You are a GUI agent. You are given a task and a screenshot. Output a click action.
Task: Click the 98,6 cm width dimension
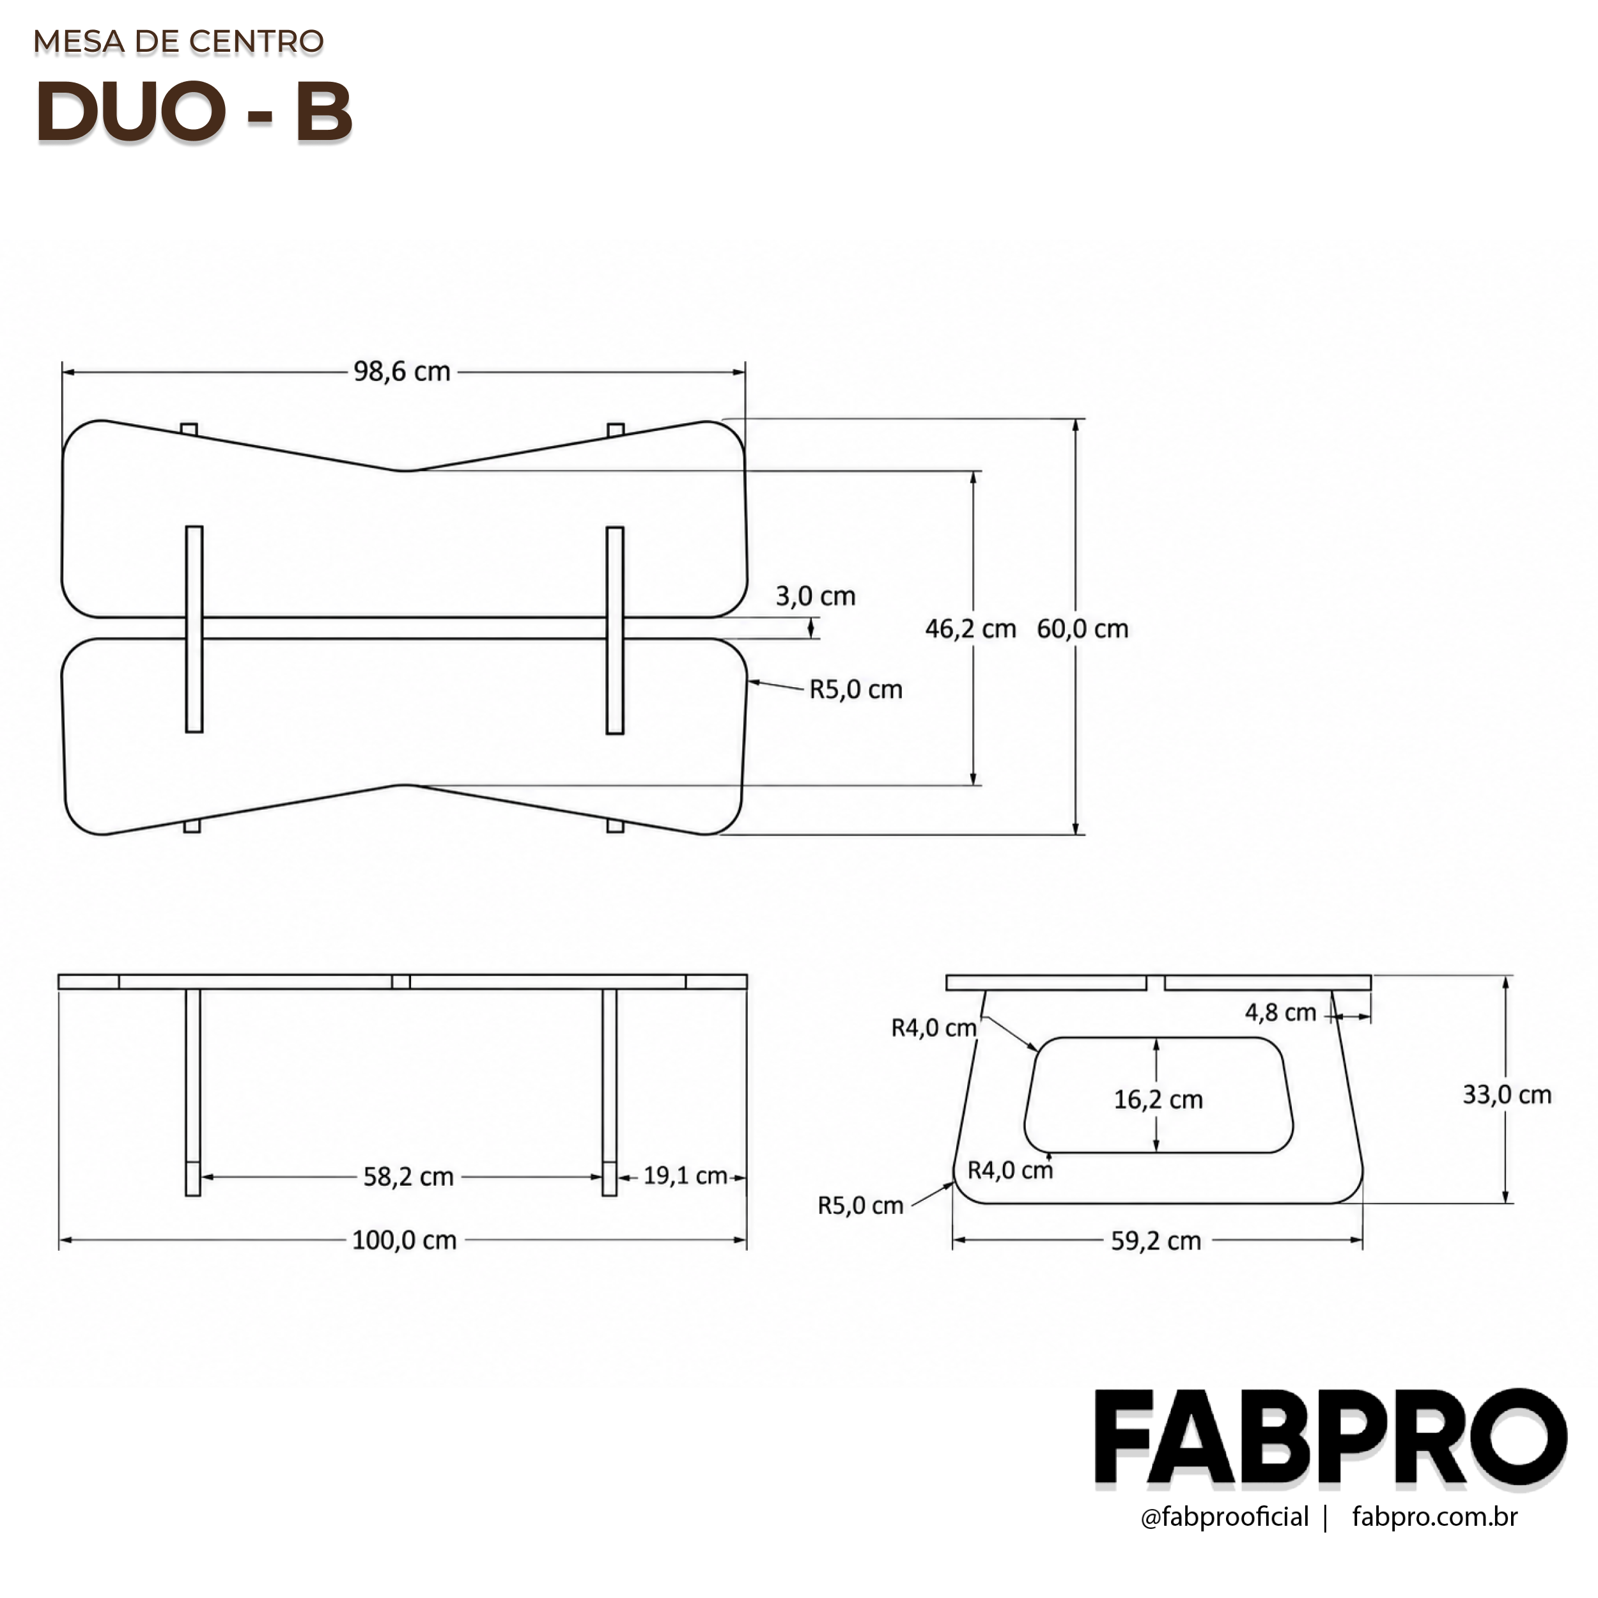coord(402,372)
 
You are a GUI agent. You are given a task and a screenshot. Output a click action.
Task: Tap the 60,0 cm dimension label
coord(1083,628)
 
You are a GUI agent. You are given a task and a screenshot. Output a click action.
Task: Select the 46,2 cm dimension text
coord(970,628)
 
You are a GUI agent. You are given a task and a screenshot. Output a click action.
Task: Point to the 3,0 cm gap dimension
coord(816,596)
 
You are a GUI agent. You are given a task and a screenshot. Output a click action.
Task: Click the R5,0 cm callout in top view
coord(855,689)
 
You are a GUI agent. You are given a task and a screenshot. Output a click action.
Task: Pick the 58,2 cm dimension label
coord(408,1176)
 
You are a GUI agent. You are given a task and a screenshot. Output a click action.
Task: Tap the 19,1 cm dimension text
coord(685,1175)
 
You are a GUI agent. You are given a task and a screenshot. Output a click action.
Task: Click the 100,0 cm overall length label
coord(405,1240)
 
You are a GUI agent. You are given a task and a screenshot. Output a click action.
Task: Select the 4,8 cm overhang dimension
coord(1280,1012)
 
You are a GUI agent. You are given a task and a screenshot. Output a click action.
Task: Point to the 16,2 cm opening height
coord(1158,1099)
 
